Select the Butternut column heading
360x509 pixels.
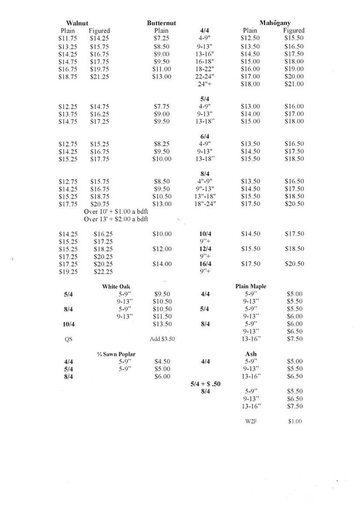tap(161, 23)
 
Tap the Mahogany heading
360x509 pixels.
tap(275, 23)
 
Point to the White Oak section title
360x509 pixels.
tap(116, 287)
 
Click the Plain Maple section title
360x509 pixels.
tap(250, 287)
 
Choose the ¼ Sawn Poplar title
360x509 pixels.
tap(116, 354)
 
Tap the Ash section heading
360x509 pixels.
tap(250, 354)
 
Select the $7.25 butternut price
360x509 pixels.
tap(161, 38)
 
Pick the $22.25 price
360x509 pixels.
tap(102, 271)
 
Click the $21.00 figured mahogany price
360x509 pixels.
tap(293, 84)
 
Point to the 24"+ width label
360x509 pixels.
tap(204, 84)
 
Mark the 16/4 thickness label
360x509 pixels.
tap(205, 264)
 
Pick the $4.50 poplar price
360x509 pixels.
tap(162, 361)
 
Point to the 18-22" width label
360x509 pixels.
tap(204, 69)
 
